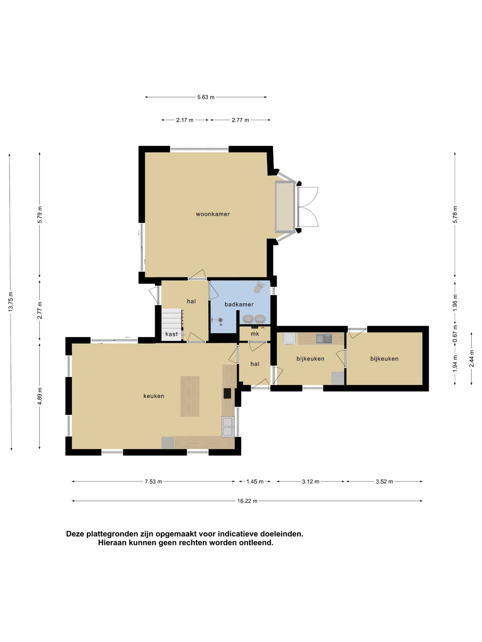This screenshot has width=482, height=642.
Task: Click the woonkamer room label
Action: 213,214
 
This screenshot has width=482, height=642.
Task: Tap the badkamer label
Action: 239,304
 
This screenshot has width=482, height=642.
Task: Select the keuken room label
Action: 154,396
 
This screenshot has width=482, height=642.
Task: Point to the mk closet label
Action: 255,334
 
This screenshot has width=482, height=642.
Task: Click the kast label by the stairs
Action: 171,334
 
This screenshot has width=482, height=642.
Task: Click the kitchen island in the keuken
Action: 190,396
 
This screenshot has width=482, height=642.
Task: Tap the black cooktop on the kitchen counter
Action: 227,393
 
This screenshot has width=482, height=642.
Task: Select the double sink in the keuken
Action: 228,427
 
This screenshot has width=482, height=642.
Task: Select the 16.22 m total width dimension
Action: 247,501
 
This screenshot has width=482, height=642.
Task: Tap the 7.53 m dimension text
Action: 153,481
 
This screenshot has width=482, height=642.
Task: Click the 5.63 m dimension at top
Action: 206,97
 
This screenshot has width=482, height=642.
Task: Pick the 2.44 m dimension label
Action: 471,359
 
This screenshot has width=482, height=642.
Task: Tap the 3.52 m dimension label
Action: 384,481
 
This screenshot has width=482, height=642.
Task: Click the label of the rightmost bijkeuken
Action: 384,359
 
